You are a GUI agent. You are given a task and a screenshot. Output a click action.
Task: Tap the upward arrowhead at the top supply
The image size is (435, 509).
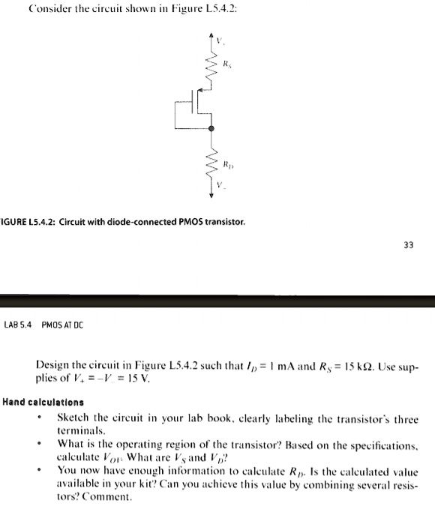(x=211, y=36)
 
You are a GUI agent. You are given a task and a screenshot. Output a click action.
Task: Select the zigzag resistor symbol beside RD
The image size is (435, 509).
(x=211, y=163)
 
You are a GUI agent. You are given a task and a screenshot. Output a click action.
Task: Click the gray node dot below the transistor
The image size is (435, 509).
(x=211, y=130)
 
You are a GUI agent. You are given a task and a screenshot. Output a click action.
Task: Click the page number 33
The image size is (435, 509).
(x=407, y=244)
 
